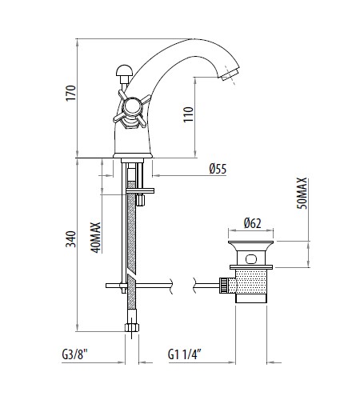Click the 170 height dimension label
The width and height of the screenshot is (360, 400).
tap(71, 93)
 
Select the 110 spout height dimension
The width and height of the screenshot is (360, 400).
tap(188, 114)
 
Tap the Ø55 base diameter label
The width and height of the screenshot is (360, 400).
tap(218, 169)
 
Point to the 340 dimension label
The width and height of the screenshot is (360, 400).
tap(71, 239)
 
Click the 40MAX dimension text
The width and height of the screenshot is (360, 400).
tap(96, 238)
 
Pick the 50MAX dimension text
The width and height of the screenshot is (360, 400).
tap(302, 194)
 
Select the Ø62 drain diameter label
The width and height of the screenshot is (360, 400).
tap(252, 223)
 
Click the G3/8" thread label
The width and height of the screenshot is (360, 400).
tap(74, 354)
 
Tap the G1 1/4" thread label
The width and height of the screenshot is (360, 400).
tap(184, 354)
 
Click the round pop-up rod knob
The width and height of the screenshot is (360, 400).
tap(124, 70)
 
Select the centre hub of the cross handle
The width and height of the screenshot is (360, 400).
tap(131, 107)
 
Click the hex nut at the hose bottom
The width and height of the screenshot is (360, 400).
tap(132, 327)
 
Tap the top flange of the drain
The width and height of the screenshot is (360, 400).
tap(250, 246)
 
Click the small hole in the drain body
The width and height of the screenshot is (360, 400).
tap(251, 259)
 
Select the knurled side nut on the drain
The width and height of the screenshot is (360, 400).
tap(224, 286)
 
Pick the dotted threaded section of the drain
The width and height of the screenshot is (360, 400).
tap(251, 282)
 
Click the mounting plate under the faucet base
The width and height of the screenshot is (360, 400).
tap(140, 191)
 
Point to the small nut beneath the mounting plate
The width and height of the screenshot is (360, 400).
tap(140, 200)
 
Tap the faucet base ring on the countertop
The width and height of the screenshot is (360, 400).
tap(133, 155)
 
